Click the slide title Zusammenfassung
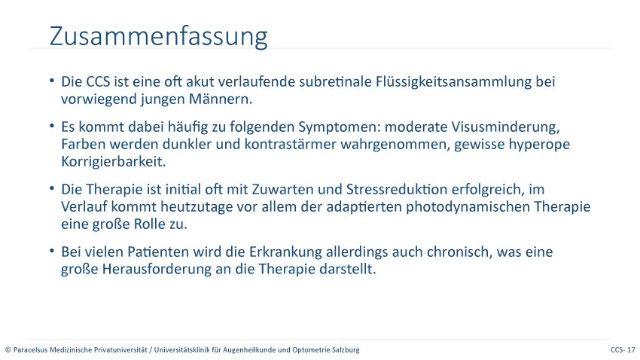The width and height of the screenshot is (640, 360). pos(158,37)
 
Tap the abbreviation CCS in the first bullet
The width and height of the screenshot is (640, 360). pos(98,81)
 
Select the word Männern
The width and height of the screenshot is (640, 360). pos(221,99)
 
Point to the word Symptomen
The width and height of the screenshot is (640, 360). pos(339,127)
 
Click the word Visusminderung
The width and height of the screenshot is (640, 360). pos(505,127)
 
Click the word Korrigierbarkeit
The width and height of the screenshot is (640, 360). pos(114,162)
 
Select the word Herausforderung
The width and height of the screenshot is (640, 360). pos(157,270)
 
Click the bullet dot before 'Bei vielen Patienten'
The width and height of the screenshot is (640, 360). pos(52,251)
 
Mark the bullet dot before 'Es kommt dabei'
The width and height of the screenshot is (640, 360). pos(52,126)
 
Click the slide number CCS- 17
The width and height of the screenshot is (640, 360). pos(623,349)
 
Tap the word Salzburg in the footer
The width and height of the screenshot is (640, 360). pos(347,350)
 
